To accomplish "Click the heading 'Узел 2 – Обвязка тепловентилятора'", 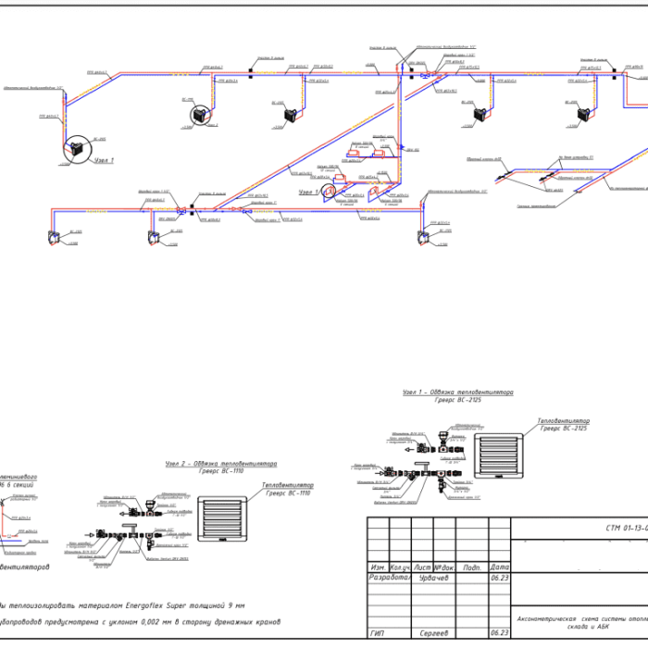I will click(221, 463).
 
